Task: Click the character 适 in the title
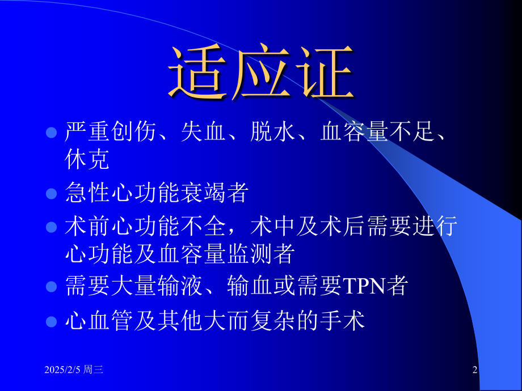pos(197,71)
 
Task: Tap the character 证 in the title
pos(325,71)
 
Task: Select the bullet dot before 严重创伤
pos(51,133)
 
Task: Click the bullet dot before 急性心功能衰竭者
pos(51,193)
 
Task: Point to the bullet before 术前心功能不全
pos(51,227)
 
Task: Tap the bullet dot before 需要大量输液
pos(51,287)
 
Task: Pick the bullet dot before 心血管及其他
pos(51,321)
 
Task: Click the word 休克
pos(87,159)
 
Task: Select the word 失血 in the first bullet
pos(203,131)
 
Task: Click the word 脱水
pos(273,131)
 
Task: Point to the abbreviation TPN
pos(364,286)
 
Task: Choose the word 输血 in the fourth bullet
pos(250,286)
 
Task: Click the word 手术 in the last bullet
pos(342,321)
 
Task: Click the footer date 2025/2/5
pos(62,369)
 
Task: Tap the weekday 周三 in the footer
pos(93,369)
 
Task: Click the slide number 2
pos(475,369)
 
